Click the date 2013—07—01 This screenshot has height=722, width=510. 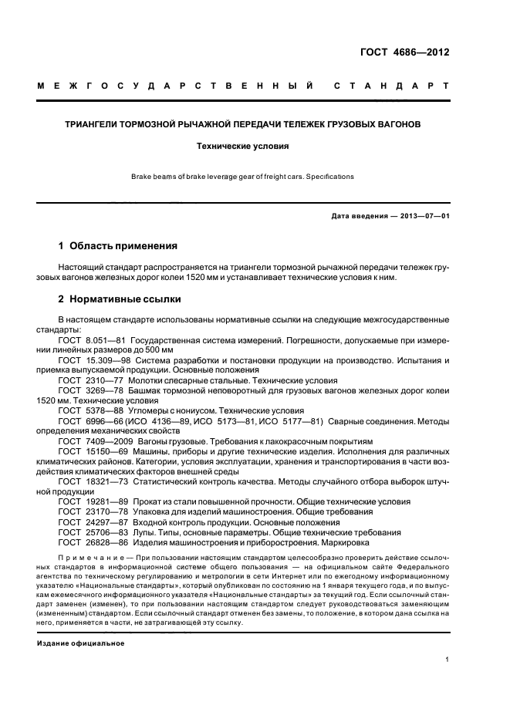coord(423,215)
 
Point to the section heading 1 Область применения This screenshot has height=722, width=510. coord(118,246)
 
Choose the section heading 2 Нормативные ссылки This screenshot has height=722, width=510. coord(120,299)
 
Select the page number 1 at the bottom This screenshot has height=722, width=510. coord(447,660)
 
